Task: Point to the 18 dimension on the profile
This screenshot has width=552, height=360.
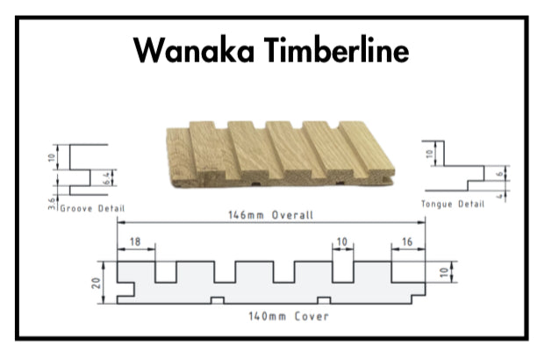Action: click(x=134, y=241)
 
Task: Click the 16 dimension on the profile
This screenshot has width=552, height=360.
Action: click(x=408, y=241)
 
